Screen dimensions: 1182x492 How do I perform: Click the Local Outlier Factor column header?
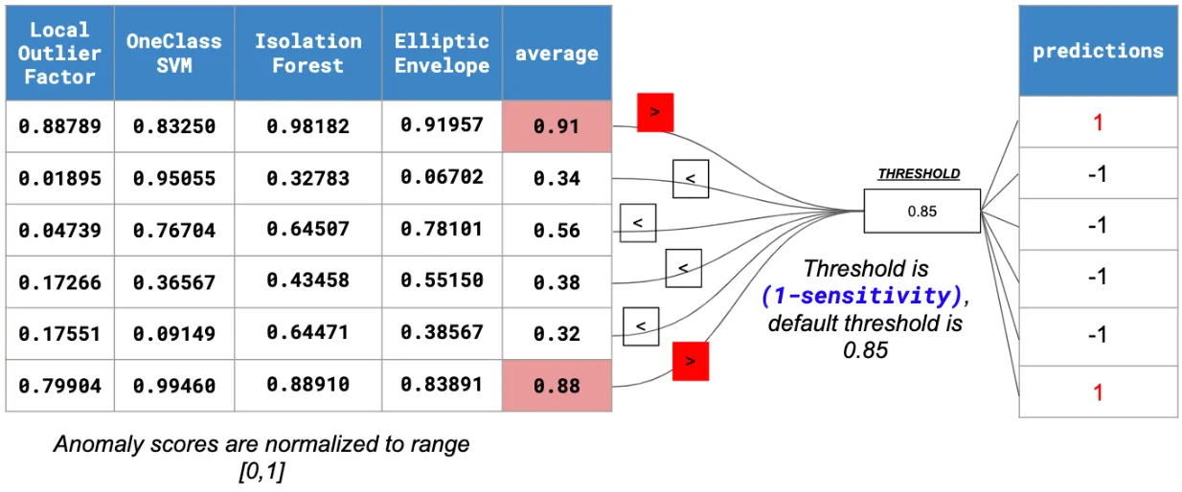click(x=59, y=53)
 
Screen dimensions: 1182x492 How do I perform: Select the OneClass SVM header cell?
click(x=174, y=53)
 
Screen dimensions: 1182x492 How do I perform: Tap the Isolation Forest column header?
click(x=308, y=53)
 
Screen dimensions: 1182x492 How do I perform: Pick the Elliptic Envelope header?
click(x=443, y=53)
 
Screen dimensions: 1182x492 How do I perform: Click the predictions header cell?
click(x=1098, y=51)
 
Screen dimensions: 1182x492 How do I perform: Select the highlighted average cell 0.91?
click(x=557, y=126)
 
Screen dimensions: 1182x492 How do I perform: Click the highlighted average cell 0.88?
click(x=557, y=386)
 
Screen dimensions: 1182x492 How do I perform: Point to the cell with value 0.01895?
click(x=59, y=178)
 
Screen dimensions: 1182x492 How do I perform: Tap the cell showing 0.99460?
click(x=174, y=386)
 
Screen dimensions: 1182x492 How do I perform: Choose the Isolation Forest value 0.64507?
click(x=308, y=230)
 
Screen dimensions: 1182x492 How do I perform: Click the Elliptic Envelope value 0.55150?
click(x=443, y=280)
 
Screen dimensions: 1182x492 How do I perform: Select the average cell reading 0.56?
click(x=557, y=230)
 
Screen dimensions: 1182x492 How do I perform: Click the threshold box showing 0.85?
click(x=921, y=211)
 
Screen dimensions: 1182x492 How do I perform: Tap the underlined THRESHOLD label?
click(x=919, y=173)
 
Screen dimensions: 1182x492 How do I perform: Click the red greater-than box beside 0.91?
click(x=655, y=112)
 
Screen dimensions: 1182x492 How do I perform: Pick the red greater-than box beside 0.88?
click(x=691, y=361)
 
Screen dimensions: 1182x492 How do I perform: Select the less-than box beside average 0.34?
click(x=691, y=179)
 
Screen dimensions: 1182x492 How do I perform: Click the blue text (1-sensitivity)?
click(x=862, y=296)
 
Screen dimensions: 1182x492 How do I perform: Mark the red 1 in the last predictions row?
click(x=1098, y=392)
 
